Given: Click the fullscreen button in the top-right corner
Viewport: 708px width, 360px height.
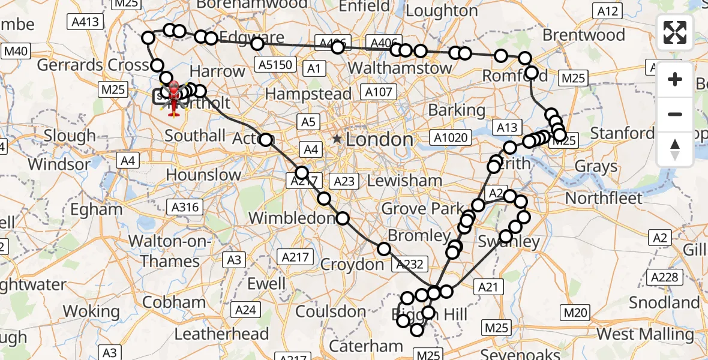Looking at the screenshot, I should (x=675, y=32).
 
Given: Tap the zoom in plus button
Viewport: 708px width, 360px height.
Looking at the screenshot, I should (x=675, y=80).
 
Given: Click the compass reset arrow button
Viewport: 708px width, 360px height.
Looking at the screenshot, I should (x=675, y=149).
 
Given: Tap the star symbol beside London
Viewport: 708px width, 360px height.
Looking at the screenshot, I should (x=337, y=139).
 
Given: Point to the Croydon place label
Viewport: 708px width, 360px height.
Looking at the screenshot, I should (x=352, y=264).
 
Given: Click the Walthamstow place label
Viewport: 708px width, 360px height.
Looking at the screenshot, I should (x=400, y=68).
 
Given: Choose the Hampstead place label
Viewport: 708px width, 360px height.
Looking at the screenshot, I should (x=308, y=94).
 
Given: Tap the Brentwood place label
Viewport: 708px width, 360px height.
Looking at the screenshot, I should (x=584, y=35).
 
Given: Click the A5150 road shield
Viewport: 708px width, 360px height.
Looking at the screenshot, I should (x=273, y=64).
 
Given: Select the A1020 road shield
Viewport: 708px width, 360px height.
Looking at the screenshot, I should (x=451, y=137).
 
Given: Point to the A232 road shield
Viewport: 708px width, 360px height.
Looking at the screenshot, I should (x=410, y=263).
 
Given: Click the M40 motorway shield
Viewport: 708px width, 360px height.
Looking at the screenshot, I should (x=16, y=51).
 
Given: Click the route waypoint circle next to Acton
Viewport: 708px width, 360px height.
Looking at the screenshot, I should (x=266, y=140).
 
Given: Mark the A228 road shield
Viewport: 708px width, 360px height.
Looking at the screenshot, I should (x=667, y=277).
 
